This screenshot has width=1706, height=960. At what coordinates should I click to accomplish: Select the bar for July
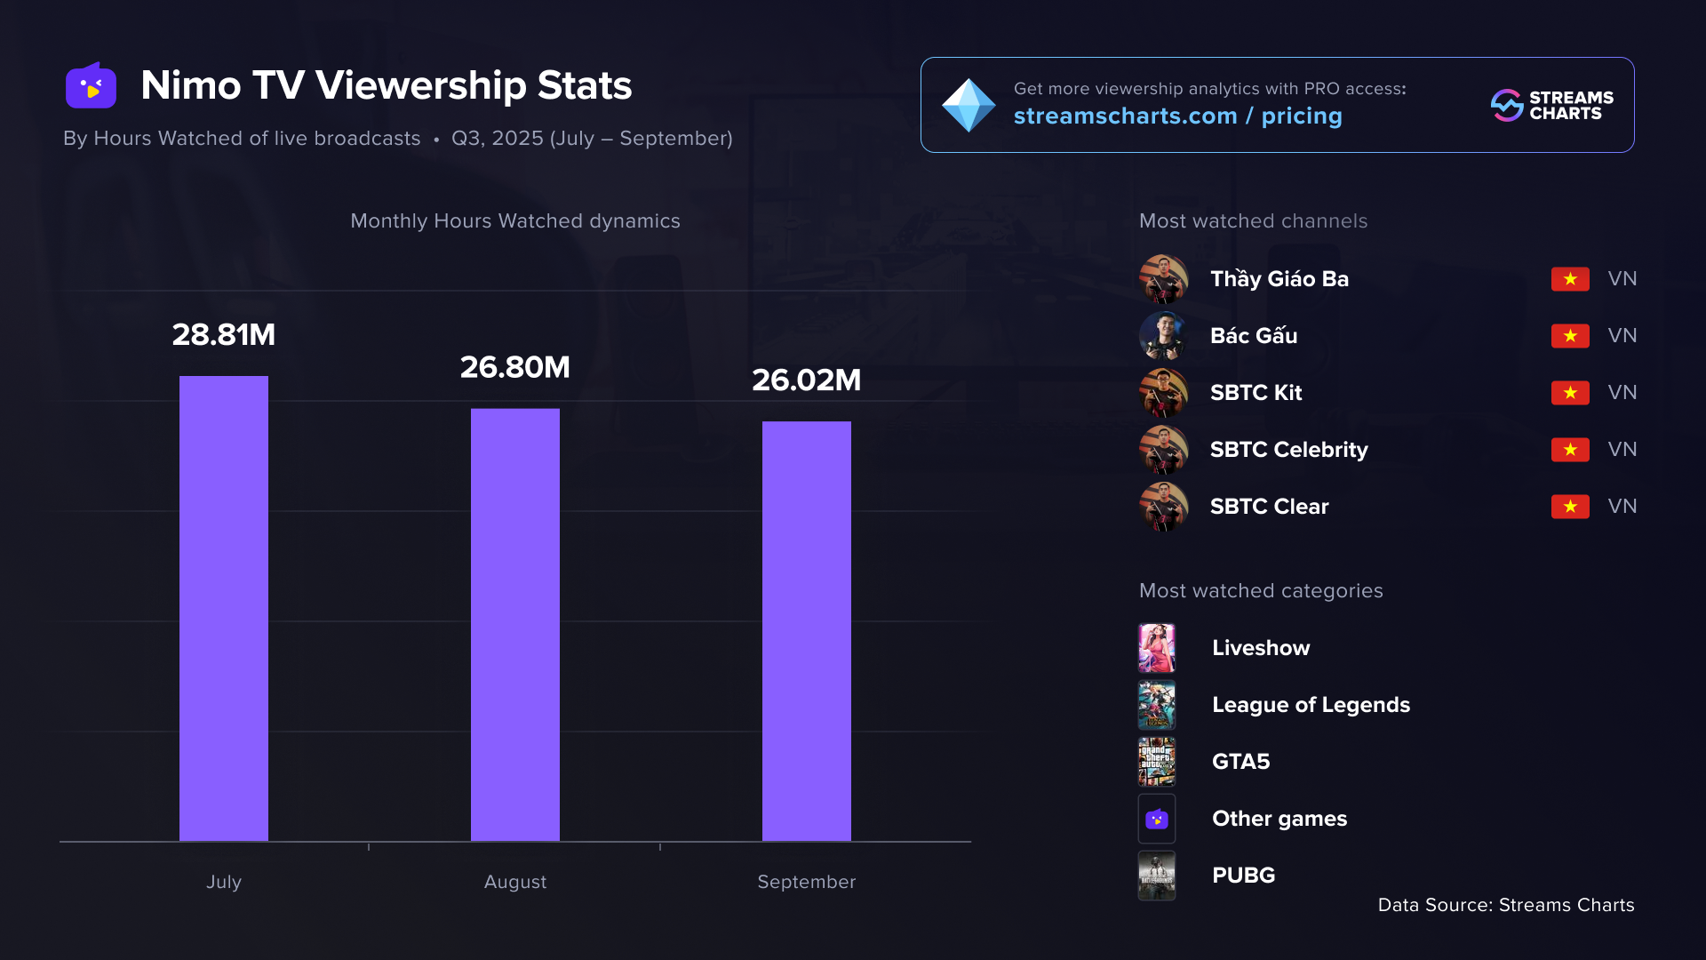[x=224, y=608]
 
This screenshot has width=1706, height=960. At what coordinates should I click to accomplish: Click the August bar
[x=515, y=624]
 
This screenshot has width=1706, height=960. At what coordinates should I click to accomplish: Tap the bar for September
[x=807, y=630]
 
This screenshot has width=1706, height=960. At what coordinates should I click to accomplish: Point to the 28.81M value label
[x=224, y=335]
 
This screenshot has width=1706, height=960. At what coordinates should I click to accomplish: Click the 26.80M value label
[x=515, y=367]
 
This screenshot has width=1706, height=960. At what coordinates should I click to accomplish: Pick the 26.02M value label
[x=807, y=380]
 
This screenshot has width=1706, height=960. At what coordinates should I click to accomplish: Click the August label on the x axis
[x=515, y=882]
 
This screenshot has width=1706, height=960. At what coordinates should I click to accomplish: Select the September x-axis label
[x=807, y=882]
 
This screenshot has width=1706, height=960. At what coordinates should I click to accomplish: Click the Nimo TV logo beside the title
[x=91, y=86]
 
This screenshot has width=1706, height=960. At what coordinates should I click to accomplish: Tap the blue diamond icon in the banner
[x=969, y=105]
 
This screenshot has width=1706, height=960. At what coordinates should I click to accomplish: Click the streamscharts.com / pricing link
[x=1177, y=116]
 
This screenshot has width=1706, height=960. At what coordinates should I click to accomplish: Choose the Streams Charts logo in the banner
[x=1551, y=105]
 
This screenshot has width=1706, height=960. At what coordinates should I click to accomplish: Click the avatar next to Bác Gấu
[x=1163, y=336]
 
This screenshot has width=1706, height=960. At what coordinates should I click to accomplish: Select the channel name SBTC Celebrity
[x=1288, y=450]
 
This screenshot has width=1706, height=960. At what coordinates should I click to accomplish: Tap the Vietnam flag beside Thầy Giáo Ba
[x=1570, y=279]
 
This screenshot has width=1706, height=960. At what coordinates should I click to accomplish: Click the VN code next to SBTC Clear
[x=1622, y=507]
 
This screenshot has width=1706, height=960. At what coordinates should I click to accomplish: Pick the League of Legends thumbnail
[x=1157, y=705]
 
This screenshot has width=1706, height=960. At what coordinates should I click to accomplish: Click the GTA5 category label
[x=1240, y=762]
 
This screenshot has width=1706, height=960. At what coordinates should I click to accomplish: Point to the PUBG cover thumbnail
[x=1157, y=876]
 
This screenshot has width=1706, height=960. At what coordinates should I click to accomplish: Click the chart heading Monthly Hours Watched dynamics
[x=515, y=221]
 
